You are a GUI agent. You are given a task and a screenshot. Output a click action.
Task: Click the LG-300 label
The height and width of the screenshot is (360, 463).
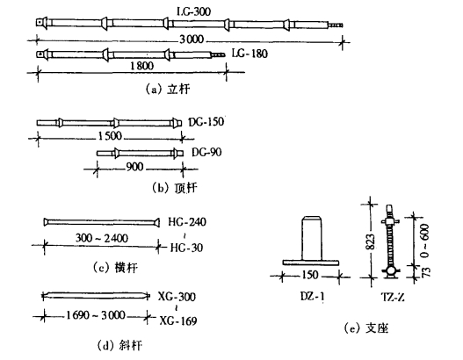point(193,11)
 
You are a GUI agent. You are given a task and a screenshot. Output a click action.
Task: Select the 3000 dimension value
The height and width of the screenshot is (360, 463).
point(192,40)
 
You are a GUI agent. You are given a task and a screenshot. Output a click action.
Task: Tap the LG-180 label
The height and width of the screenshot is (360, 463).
point(250,54)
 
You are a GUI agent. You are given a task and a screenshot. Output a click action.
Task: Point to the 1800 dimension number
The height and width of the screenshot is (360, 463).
point(141,66)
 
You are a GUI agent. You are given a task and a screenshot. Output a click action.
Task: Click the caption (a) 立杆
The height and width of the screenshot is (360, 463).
point(169,89)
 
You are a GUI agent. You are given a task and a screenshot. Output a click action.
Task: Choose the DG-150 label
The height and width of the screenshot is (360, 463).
point(206,122)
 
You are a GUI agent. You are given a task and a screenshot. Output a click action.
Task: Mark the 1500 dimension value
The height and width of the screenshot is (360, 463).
point(110,136)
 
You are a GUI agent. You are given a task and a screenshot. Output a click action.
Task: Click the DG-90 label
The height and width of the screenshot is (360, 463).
point(206,153)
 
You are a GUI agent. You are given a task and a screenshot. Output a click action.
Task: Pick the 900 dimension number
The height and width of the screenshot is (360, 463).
point(135,168)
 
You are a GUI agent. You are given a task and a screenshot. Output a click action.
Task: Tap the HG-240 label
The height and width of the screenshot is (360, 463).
point(187,222)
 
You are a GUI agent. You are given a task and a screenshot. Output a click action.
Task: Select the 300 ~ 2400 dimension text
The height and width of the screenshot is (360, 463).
point(102,238)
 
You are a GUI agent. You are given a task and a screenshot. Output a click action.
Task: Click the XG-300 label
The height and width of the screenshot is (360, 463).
point(177,297)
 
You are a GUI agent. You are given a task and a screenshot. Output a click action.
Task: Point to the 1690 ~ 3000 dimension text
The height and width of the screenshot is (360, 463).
point(96,315)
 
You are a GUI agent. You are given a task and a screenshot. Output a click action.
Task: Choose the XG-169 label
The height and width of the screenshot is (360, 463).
point(178,320)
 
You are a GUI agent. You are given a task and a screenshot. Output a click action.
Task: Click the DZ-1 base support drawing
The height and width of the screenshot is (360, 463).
point(311,241)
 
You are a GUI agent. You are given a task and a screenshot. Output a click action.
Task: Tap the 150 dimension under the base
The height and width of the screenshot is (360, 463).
point(310,275)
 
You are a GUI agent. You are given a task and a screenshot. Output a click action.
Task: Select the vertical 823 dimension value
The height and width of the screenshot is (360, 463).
point(371,242)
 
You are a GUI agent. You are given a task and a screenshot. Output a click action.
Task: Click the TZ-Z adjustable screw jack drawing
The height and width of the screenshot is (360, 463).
point(390,241)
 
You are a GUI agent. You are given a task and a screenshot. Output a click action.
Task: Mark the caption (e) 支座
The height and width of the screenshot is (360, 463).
point(366,328)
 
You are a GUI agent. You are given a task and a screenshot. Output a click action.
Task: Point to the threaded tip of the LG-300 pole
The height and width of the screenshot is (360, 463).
point(336,25)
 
